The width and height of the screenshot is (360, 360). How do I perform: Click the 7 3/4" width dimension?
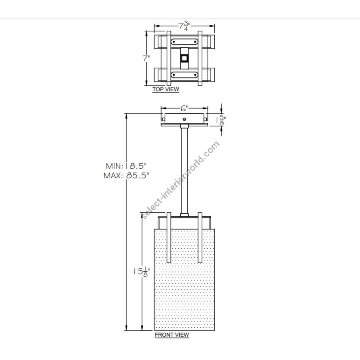[184, 26]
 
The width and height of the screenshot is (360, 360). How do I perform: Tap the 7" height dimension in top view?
[146, 58]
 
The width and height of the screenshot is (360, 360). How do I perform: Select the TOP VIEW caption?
[166, 89]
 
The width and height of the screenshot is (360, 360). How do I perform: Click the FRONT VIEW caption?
[172, 335]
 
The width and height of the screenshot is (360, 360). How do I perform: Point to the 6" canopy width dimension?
[184, 108]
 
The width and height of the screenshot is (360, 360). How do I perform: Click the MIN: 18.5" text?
[126, 166]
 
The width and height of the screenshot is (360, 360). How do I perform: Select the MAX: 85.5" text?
[126, 176]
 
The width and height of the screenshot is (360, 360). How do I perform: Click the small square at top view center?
[184, 58]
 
